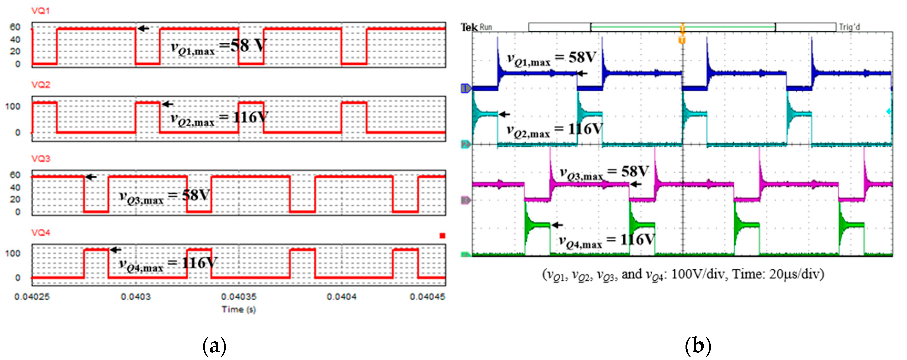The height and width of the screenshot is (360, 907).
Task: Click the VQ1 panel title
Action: pos(40,11)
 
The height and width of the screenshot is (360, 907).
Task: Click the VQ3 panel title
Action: pos(40,159)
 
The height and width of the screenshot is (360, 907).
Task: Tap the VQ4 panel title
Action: pos(40,233)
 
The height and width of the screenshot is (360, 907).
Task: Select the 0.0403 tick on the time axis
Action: pos(136,297)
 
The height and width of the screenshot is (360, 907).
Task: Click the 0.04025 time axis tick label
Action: pos(32,297)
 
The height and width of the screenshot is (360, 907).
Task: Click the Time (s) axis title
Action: pos(238,309)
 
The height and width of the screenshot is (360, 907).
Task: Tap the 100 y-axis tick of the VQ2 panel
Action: pos(13,106)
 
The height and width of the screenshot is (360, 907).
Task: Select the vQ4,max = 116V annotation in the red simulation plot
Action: pos(168,264)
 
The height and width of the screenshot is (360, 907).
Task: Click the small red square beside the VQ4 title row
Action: pos(442,236)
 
